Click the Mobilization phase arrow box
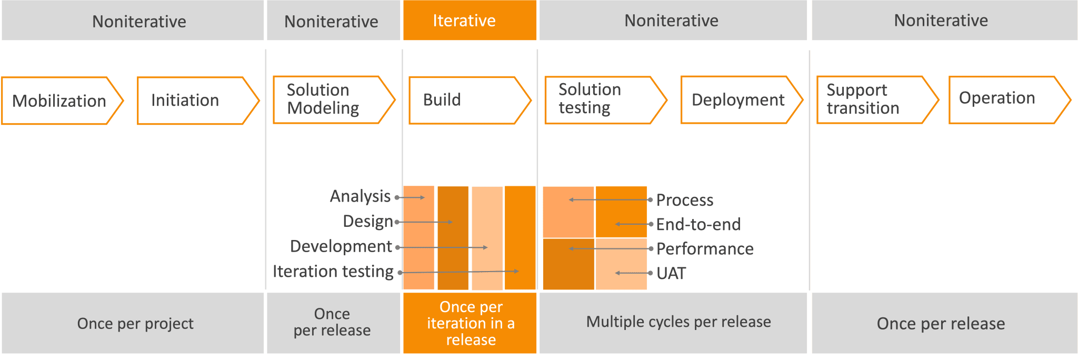click(x=62, y=101)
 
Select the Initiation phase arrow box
click(x=198, y=101)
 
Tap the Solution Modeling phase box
click(x=334, y=100)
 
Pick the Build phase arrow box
click(x=470, y=100)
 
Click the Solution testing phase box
click(x=606, y=100)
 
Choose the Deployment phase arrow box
click(x=742, y=100)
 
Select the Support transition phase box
click(x=877, y=100)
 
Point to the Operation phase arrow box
click(x=1010, y=100)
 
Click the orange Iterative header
click(x=470, y=20)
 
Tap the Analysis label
click(x=360, y=196)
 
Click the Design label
click(x=368, y=221)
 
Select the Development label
click(x=341, y=246)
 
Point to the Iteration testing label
click(x=333, y=272)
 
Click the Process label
click(x=685, y=200)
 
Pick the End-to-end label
click(x=698, y=224)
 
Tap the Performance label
click(x=705, y=248)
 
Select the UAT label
click(x=671, y=273)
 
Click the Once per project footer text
click(x=135, y=323)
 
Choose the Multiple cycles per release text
click(x=678, y=322)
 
